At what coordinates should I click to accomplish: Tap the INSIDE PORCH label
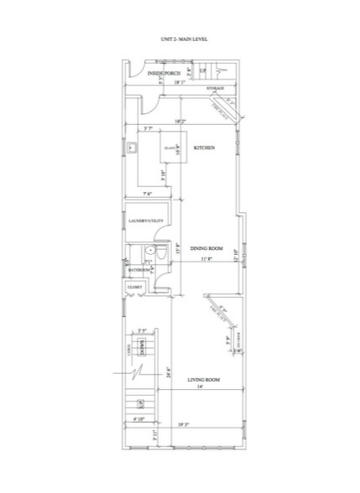pos(163,75)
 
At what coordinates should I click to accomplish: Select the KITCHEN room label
pos(205,148)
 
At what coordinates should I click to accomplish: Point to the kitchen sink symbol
pos(133,148)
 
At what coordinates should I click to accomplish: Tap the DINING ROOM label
pos(206,249)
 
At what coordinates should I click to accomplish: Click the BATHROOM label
pos(138,269)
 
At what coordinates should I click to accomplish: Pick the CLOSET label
pos(135,288)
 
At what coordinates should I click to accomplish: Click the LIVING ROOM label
pos(203,380)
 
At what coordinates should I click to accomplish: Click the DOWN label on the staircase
pos(142,347)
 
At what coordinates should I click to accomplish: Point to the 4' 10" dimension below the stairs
pos(138,418)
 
